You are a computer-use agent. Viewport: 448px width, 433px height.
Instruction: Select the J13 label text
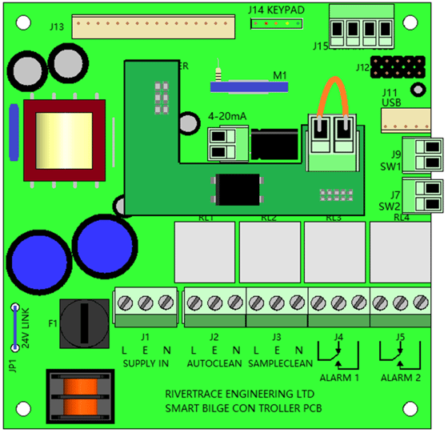pyautogui.click(x=57, y=26)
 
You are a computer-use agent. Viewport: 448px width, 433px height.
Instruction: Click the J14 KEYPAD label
pyautogui.click(x=275, y=10)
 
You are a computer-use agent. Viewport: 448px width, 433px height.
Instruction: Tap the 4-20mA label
pyautogui.click(x=227, y=116)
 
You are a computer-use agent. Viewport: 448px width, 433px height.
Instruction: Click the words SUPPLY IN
pyautogui.click(x=145, y=363)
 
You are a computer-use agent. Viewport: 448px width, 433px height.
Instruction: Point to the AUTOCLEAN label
pyautogui.click(x=214, y=363)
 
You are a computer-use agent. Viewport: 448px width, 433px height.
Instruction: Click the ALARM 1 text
pyautogui.click(x=339, y=377)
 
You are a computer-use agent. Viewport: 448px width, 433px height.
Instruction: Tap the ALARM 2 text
pyautogui.click(x=399, y=377)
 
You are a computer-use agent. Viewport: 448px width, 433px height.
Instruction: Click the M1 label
pyautogui.click(x=280, y=75)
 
